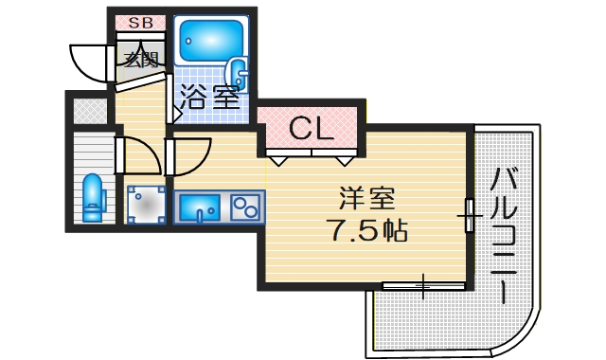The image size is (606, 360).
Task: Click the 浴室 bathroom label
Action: click(210, 96)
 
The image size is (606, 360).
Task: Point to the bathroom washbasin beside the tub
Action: click(240, 74)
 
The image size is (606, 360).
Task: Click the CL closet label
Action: click(312, 128)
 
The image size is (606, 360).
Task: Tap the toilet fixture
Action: click(93, 196)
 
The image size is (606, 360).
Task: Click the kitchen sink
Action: click(200, 205)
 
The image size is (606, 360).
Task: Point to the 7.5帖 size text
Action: click(367, 229)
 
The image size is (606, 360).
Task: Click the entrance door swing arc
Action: click(90, 62)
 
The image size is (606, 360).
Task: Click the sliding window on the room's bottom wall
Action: click(423, 283)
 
